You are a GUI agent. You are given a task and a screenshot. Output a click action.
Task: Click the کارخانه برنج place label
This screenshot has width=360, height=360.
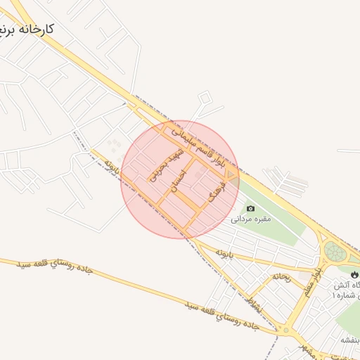28,31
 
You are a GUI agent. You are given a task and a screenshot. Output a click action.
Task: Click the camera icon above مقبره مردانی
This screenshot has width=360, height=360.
251,208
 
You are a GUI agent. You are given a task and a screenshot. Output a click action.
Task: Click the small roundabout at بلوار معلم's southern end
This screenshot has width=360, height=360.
285,329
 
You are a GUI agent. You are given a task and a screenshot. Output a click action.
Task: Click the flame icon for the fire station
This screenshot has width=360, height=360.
353,274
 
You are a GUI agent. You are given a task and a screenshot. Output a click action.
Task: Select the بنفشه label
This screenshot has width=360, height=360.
350,340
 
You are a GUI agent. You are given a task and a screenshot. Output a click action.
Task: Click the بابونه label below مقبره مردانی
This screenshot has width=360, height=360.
223,251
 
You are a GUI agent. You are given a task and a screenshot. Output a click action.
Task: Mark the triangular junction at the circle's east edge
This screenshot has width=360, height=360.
232,174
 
